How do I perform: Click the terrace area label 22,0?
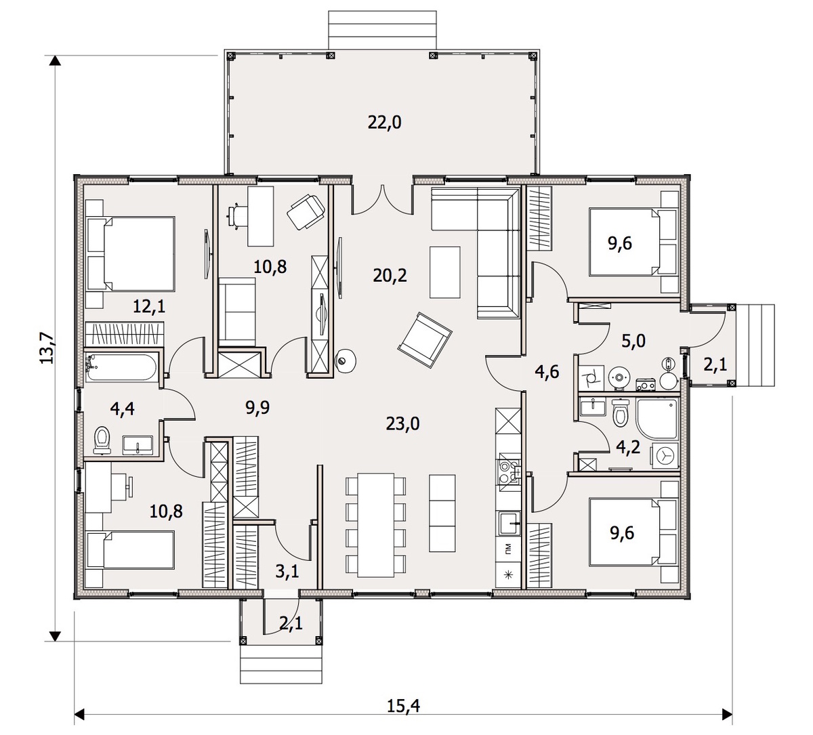384,123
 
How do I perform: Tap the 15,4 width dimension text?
404,706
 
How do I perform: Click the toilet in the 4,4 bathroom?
102,440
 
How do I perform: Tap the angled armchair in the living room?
424,337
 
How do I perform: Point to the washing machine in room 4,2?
665,457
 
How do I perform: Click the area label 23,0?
402,424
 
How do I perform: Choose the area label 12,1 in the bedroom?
149,306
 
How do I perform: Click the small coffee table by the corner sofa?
445,271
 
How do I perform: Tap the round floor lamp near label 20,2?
345,361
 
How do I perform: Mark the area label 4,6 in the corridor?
547,371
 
